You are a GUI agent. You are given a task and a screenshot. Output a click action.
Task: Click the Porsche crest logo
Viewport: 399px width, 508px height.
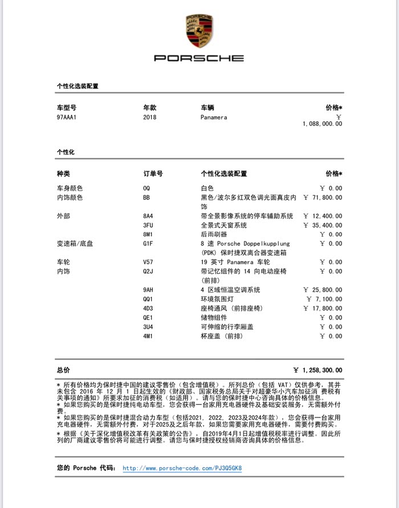point(199,31)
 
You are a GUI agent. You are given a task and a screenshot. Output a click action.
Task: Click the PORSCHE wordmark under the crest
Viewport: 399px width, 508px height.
point(199,58)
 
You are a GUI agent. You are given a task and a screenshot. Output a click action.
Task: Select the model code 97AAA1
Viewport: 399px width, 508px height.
point(66,117)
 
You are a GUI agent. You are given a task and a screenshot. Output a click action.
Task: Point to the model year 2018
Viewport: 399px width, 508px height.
point(149,117)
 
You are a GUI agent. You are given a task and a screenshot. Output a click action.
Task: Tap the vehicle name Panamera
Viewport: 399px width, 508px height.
point(214,117)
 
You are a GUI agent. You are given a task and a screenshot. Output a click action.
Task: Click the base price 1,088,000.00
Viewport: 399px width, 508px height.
point(323,123)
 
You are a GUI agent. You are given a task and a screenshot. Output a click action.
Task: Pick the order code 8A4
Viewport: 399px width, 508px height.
point(148,216)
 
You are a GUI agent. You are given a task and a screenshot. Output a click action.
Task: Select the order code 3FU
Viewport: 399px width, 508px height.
point(148,225)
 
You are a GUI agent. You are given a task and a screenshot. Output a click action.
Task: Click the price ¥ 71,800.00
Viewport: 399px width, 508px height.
point(323,198)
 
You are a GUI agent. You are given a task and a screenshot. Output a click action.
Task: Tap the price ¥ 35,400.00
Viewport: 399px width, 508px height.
point(323,225)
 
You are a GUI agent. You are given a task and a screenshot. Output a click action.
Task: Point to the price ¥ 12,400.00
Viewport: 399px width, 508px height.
point(323,216)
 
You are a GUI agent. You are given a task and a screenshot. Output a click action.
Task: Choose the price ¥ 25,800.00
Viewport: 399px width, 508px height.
point(323,289)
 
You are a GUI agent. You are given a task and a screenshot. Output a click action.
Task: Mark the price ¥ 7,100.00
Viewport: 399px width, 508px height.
point(325,298)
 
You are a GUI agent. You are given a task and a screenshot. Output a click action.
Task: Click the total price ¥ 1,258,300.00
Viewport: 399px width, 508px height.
point(318,370)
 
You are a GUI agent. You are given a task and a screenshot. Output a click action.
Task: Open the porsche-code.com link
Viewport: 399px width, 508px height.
point(182,468)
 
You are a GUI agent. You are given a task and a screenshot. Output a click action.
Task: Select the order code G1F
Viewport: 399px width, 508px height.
point(148,243)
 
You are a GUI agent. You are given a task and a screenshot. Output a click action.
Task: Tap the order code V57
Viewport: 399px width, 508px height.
point(148,262)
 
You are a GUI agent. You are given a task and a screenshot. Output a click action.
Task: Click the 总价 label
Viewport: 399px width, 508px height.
point(63,370)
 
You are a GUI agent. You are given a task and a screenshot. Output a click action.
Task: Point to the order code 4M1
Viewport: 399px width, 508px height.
point(148,336)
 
